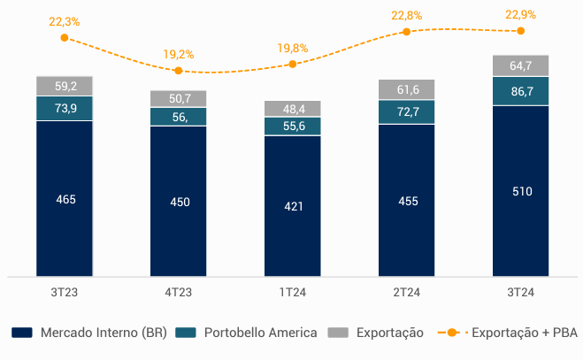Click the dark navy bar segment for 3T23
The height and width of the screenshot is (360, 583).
(65, 199)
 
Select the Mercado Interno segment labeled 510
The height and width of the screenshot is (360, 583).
(521, 191)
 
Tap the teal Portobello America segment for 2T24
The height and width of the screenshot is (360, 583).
(407, 112)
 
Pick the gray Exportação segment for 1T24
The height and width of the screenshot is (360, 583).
(293, 108)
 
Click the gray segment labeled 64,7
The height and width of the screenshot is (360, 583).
(521, 65)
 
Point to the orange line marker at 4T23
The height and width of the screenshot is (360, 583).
(179, 71)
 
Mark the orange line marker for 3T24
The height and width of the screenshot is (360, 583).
(520, 31)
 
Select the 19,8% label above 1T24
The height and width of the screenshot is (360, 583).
(293, 48)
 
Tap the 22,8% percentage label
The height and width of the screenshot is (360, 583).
(407, 15)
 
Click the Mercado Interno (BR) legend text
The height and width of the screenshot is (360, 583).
(103, 333)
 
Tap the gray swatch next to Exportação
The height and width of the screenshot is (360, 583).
(337, 333)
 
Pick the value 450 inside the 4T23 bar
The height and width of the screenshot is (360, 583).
(179, 202)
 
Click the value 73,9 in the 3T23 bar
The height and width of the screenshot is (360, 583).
(65, 108)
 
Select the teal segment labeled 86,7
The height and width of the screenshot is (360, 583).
(521, 91)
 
